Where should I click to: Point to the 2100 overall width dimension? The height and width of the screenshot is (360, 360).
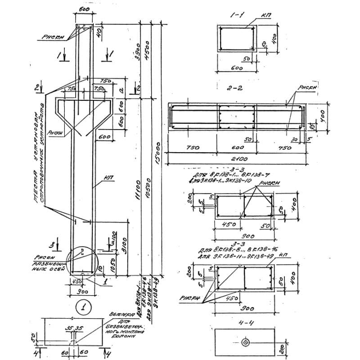click(236, 159)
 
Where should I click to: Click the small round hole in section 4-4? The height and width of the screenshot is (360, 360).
click(245, 342)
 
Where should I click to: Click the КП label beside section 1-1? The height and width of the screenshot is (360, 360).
click(265, 15)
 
